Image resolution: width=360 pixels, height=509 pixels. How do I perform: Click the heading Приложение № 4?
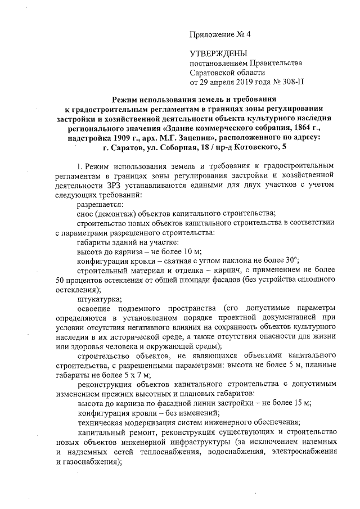[220, 34]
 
